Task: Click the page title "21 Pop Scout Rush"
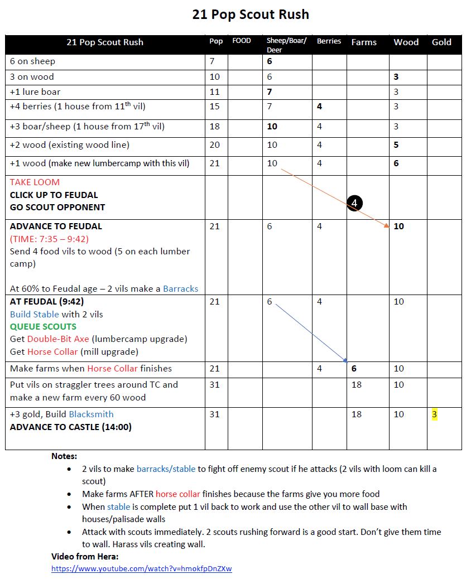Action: (251, 15)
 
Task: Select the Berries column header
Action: (329, 41)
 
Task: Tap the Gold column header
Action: (441, 42)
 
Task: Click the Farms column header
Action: (364, 42)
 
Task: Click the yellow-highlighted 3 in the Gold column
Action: (434, 414)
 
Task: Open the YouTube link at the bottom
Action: (141, 569)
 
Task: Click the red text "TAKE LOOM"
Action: (35, 182)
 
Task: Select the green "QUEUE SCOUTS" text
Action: (43, 326)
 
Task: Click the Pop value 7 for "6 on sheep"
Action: (212, 61)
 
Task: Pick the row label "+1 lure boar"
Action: (35, 91)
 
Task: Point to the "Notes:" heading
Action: (64, 456)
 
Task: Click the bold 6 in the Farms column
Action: (354, 369)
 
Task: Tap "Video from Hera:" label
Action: (85, 556)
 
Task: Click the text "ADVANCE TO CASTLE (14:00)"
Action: (71, 427)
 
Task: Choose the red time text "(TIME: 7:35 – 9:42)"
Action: (49, 239)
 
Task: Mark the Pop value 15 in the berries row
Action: (215, 107)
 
